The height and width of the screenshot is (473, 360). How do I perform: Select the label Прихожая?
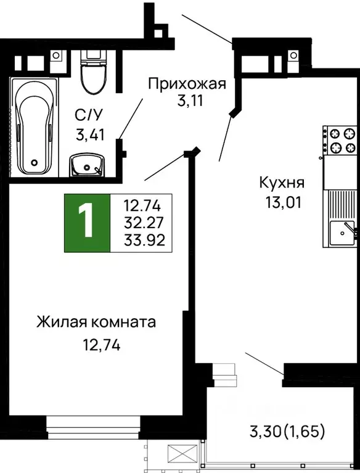[187, 83]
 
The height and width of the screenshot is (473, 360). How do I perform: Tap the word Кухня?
[282, 183]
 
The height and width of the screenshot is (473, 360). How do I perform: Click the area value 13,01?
[282, 201]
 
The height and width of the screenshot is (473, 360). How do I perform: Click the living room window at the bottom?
[95, 426]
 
